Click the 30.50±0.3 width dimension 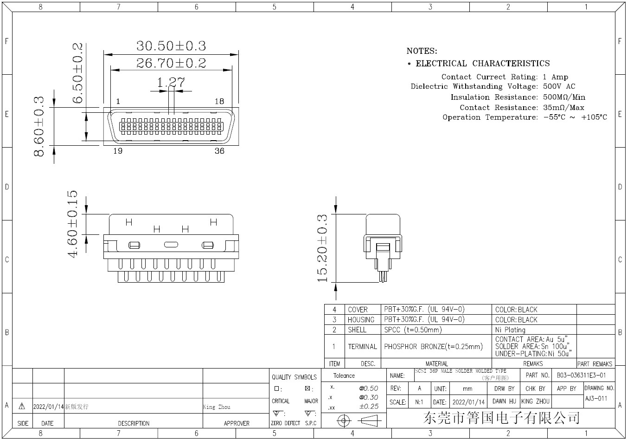[171, 46]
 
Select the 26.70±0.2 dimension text [171, 63]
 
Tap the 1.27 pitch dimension [170, 83]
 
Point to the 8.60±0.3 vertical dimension [39, 126]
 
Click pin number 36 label [219, 151]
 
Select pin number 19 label [118, 151]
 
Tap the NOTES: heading [422, 51]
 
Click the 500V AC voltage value [559, 86]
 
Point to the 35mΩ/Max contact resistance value [563, 107]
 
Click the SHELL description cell [357, 330]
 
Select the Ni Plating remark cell [510, 330]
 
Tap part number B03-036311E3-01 [581, 375]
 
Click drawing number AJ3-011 [596, 398]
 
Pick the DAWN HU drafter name [504, 401]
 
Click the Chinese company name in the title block [501, 418]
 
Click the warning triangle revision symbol [22, 407]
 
